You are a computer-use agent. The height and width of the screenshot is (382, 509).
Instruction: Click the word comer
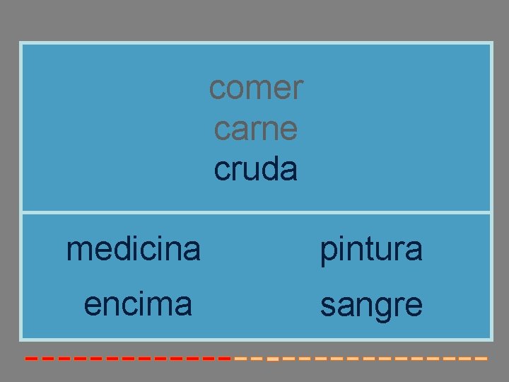[256, 88]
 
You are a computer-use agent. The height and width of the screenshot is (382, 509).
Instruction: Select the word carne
[255, 129]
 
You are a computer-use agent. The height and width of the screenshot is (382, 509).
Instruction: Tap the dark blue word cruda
[255, 169]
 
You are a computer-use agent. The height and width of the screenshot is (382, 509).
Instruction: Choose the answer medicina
[134, 248]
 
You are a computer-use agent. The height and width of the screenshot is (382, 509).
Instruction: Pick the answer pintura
[371, 249]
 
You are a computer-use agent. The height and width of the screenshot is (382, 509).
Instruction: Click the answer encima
[138, 303]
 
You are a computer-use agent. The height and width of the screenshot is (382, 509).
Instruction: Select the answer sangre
[371, 306]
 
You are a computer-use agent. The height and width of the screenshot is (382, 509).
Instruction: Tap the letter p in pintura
[328, 251]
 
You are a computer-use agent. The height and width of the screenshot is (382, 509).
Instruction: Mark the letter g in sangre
[380, 308]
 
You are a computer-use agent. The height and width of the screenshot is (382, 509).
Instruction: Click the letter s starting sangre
[328, 306]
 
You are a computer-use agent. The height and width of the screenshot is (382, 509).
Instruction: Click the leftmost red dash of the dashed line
[30, 359]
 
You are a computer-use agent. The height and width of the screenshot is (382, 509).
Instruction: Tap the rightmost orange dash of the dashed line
[481, 359]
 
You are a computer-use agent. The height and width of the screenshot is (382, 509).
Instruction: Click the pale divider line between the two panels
[256, 212]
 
